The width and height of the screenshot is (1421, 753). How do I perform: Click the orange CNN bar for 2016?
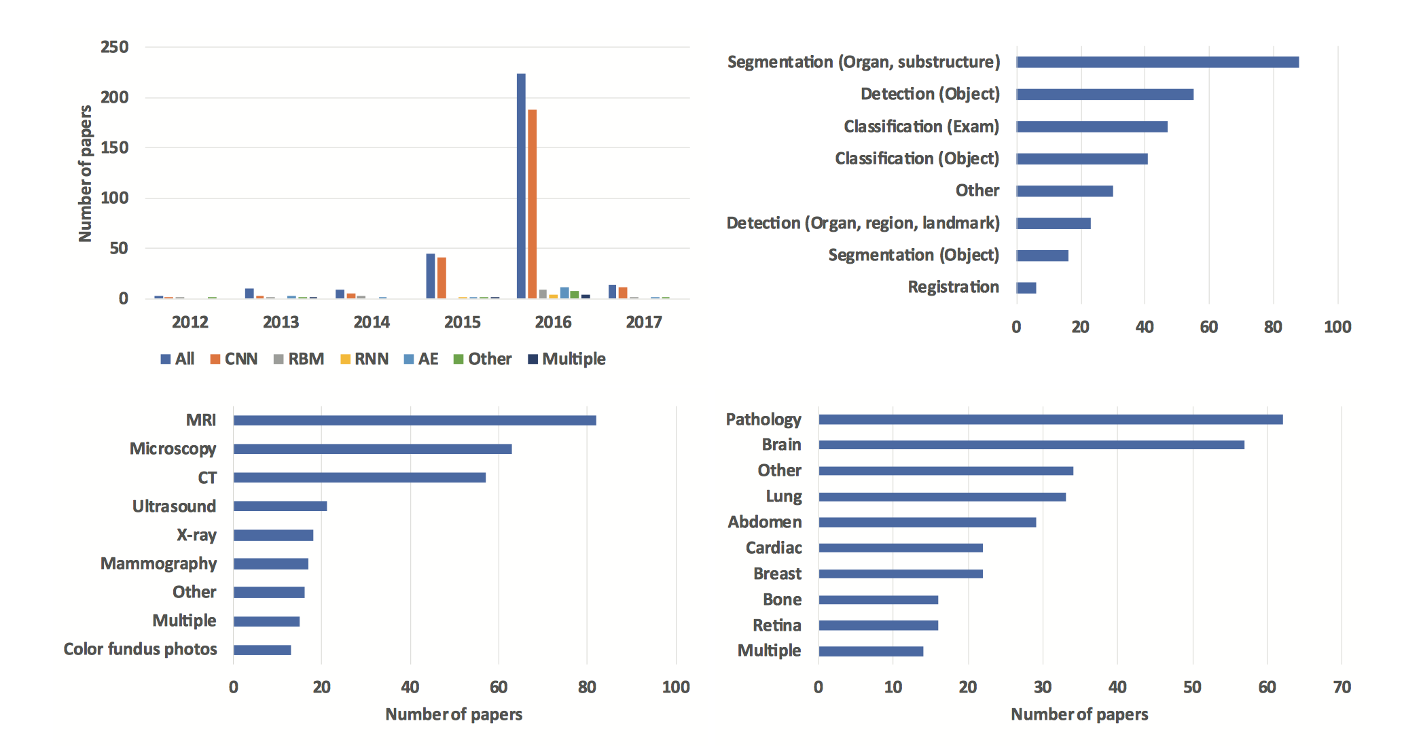[532, 204]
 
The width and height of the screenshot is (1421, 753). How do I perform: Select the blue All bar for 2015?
[430, 276]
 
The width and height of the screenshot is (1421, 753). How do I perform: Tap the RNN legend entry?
[364, 359]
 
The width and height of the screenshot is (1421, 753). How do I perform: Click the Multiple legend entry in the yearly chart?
[566, 359]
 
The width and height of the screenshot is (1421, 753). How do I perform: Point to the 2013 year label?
[281, 322]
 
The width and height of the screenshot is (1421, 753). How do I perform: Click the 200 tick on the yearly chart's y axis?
[114, 97]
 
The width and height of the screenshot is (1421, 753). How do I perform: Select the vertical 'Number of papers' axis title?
[85, 173]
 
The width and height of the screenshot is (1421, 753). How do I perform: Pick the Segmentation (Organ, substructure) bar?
[1157, 62]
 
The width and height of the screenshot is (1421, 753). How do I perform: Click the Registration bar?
[1026, 287]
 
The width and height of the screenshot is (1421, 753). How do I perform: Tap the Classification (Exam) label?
[921, 126]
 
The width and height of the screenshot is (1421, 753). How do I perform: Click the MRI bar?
[414, 421]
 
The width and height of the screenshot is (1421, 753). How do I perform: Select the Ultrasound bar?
[280, 506]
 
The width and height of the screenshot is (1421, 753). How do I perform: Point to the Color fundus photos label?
[140, 649]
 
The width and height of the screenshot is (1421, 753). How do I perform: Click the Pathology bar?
[1050, 419]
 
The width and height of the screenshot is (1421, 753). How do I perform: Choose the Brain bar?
[1031, 445]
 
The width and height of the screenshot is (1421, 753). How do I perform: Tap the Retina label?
[776, 625]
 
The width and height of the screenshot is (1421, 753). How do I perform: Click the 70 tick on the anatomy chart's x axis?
[1342, 687]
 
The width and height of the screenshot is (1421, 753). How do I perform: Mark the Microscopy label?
[173, 449]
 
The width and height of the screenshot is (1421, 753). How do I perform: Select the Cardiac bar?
[900, 548]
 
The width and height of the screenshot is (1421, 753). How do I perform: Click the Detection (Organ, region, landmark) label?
[863, 223]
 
